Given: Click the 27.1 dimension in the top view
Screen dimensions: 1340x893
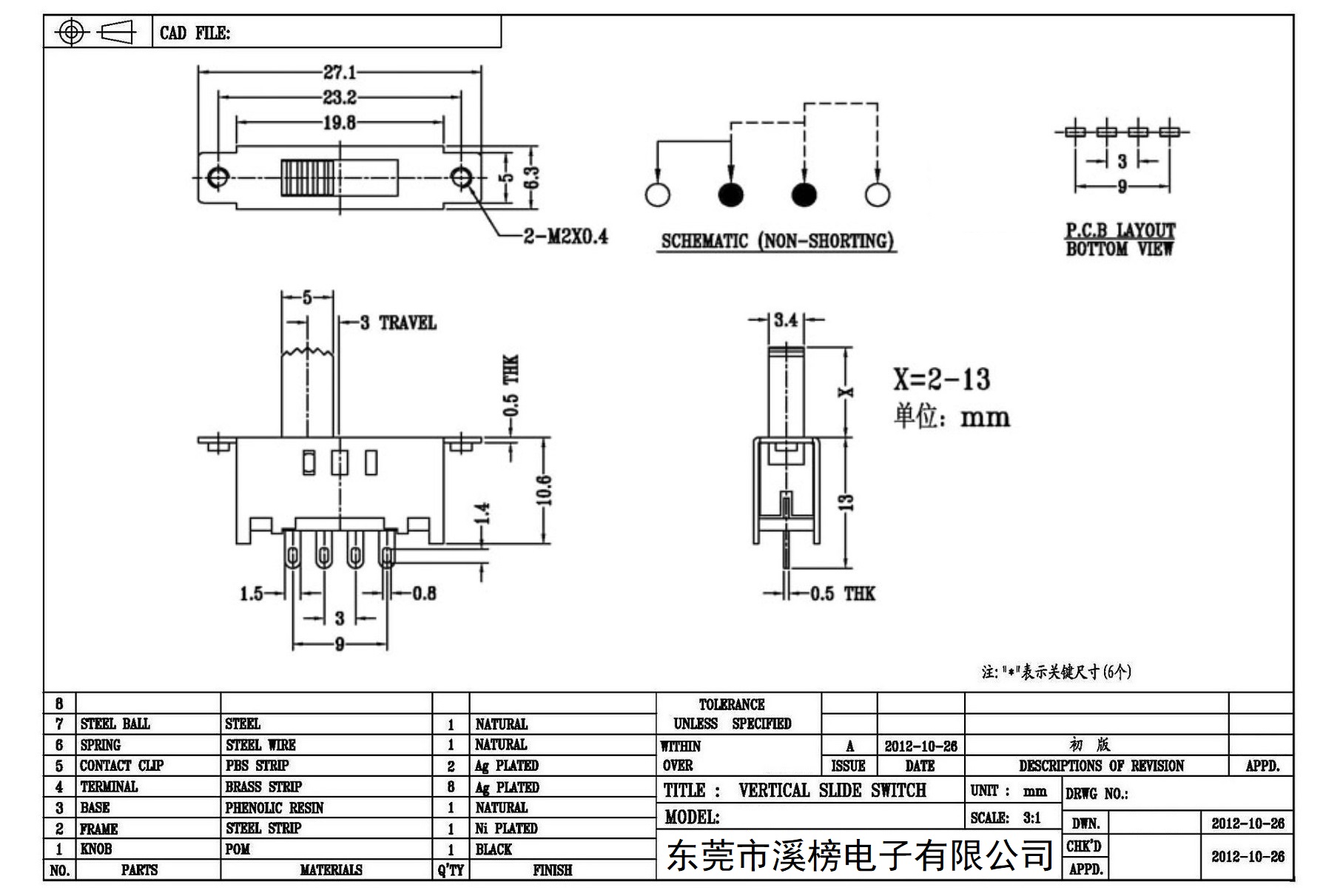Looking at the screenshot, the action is point(340,72).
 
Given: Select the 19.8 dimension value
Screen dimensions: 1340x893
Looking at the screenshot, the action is point(340,123).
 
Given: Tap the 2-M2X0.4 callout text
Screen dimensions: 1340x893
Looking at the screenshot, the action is point(566,236).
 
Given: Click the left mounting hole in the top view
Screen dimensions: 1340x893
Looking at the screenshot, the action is point(218,178).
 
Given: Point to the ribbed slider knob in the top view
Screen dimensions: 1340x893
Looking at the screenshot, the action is point(308,178).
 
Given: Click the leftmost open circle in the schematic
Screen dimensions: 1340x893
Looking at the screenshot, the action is point(657,195).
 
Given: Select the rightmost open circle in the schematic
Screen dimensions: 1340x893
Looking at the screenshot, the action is point(877,195).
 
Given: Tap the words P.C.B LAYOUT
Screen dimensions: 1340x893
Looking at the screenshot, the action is point(1120,230).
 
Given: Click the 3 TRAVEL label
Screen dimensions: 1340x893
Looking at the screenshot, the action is point(398,323).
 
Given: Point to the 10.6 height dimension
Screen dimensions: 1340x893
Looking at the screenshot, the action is point(545,490).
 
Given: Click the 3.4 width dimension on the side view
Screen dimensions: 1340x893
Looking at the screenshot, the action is point(786,320).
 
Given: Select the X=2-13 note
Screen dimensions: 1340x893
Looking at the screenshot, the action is point(941,379).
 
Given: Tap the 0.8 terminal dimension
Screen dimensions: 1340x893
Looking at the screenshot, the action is point(424,593).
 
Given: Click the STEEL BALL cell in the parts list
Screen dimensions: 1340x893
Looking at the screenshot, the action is point(115,724).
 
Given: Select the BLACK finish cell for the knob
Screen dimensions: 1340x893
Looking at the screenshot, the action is point(494,849).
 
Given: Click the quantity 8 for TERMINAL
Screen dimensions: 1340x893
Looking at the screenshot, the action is point(451,787).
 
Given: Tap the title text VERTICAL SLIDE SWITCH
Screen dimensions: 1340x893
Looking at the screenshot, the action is point(832,790).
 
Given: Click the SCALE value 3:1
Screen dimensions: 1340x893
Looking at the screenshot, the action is point(1031,818).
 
